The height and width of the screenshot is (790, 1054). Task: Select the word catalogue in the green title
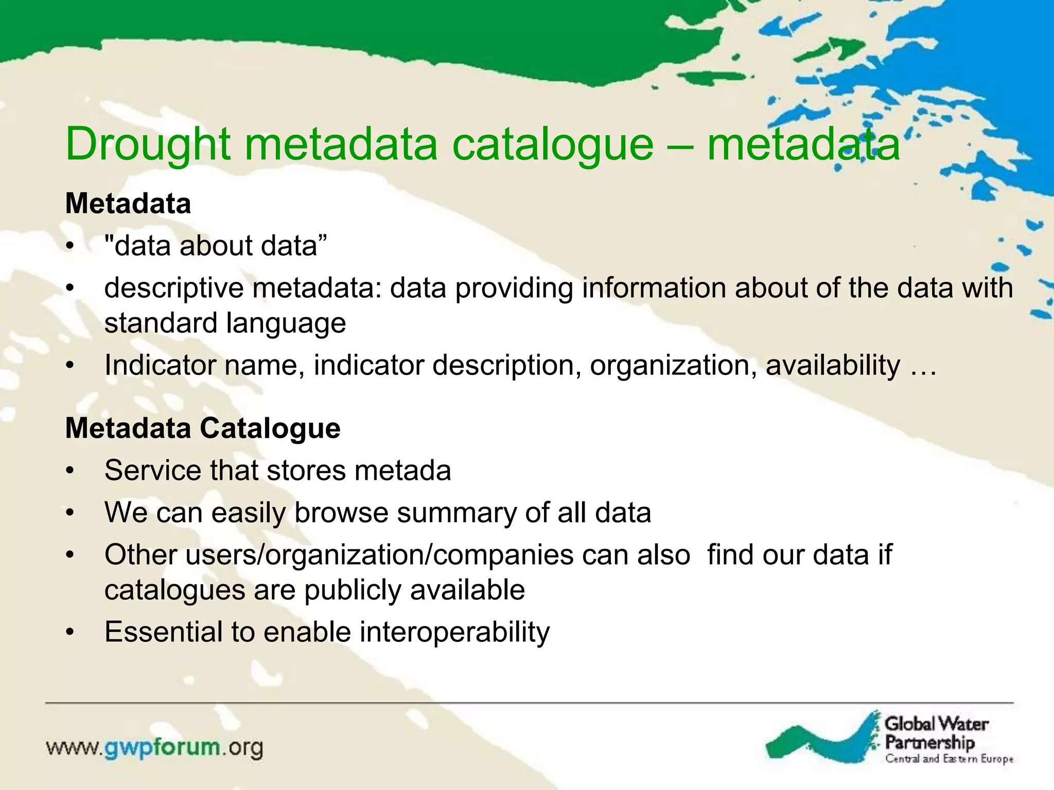pos(553,145)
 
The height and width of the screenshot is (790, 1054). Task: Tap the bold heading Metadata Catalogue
pos(203,428)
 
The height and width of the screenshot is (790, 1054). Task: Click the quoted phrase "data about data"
pos(216,246)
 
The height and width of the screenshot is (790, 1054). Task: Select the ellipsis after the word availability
pos(923,366)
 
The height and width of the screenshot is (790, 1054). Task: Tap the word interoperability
pos(454,632)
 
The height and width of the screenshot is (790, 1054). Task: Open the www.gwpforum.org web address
pos(155,748)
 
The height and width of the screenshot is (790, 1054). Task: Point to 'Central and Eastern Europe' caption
pos(949,759)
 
